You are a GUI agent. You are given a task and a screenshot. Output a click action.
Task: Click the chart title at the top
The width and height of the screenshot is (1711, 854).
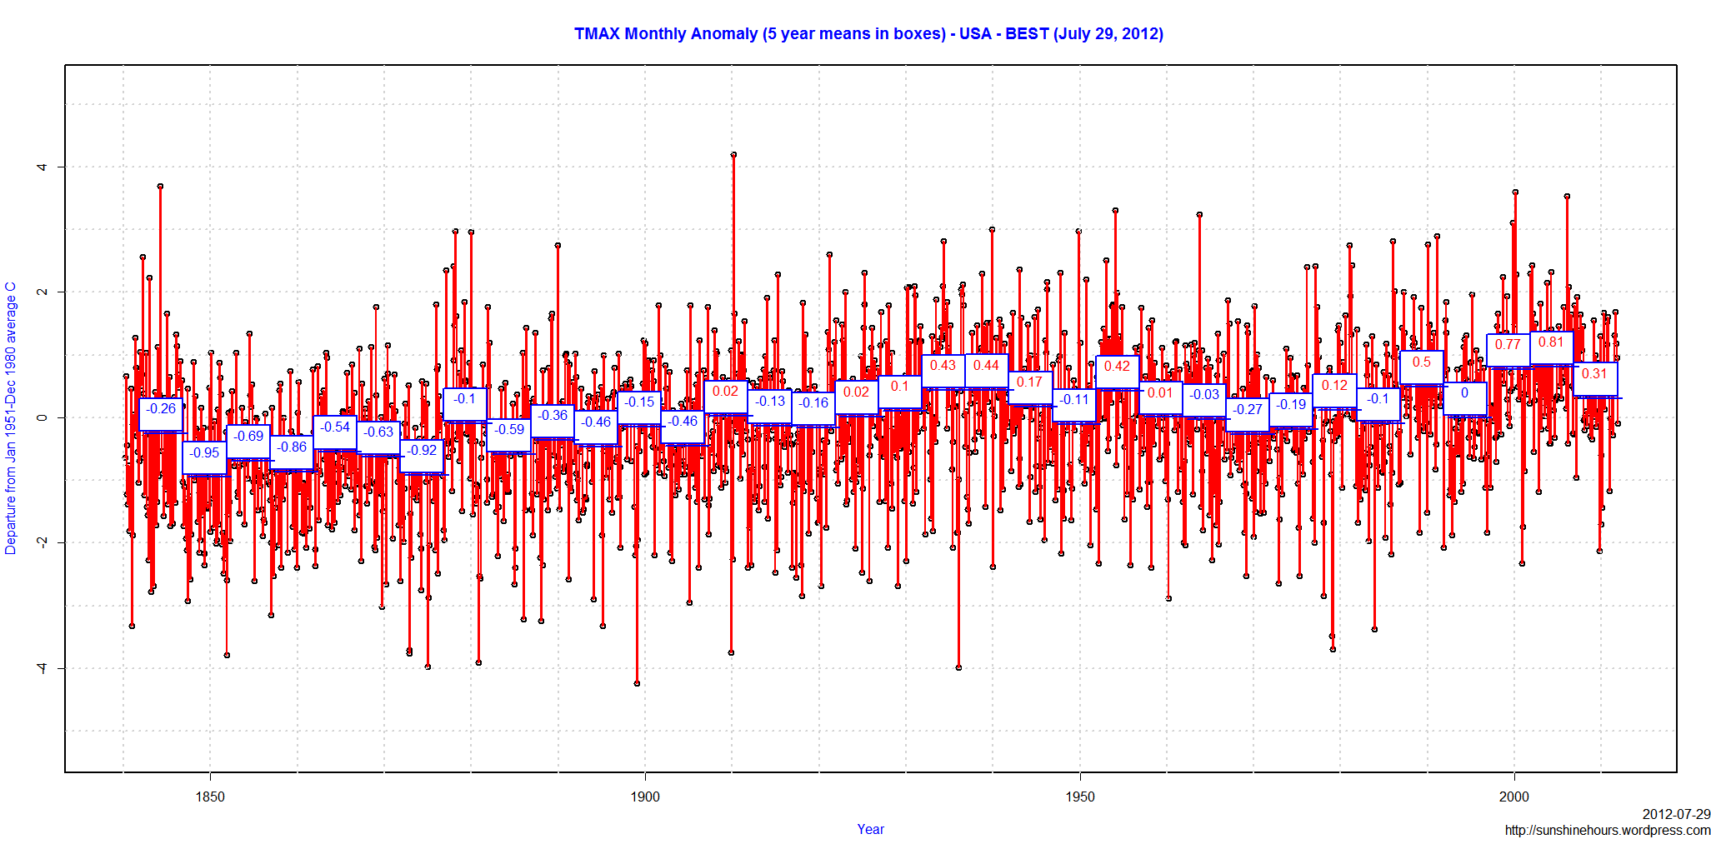click(x=868, y=34)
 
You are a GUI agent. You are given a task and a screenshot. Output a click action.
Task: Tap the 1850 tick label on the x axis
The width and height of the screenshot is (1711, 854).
click(x=210, y=797)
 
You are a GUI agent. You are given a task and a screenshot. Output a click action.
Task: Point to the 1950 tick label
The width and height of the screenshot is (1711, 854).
click(x=1079, y=797)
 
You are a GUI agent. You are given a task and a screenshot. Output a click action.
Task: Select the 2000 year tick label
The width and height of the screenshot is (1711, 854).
click(x=1514, y=797)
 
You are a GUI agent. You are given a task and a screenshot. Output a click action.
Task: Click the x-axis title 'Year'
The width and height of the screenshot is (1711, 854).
click(x=870, y=829)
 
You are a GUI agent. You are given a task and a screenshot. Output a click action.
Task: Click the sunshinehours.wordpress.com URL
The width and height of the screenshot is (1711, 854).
click(x=1607, y=830)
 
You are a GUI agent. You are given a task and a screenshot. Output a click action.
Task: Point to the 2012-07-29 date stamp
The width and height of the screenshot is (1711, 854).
click(x=1676, y=814)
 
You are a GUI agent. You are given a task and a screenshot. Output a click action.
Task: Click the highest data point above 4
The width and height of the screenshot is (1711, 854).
click(x=733, y=155)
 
